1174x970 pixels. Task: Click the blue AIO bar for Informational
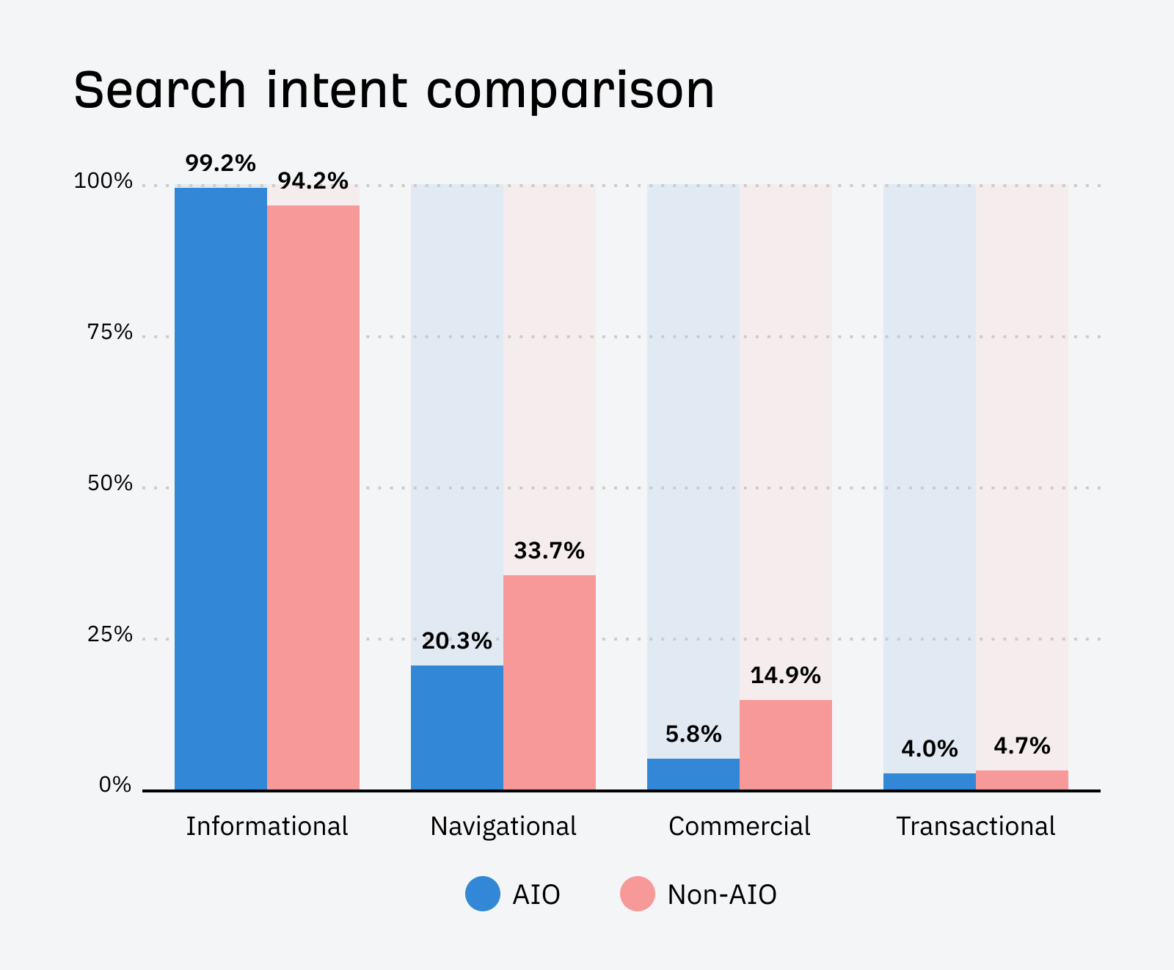(221, 489)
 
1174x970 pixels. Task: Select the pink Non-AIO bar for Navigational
(550, 682)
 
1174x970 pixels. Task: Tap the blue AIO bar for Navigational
(457, 727)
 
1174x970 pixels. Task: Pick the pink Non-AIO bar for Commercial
(786, 745)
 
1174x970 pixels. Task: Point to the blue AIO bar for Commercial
(693, 774)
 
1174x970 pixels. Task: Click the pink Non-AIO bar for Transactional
(1022, 780)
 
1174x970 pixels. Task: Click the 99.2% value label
(221, 163)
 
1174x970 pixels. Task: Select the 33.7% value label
(550, 550)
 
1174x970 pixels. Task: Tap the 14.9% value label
(786, 675)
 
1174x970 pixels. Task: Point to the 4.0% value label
(930, 749)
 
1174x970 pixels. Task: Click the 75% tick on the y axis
(110, 332)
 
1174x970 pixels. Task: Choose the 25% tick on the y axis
(110, 635)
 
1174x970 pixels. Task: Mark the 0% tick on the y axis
(115, 785)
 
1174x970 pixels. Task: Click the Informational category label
(267, 826)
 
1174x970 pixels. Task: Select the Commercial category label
(740, 826)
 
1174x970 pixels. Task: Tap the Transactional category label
(976, 826)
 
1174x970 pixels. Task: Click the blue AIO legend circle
(483, 894)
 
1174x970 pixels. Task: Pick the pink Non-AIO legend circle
(638, 894)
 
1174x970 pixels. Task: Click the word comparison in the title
(571, 91)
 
